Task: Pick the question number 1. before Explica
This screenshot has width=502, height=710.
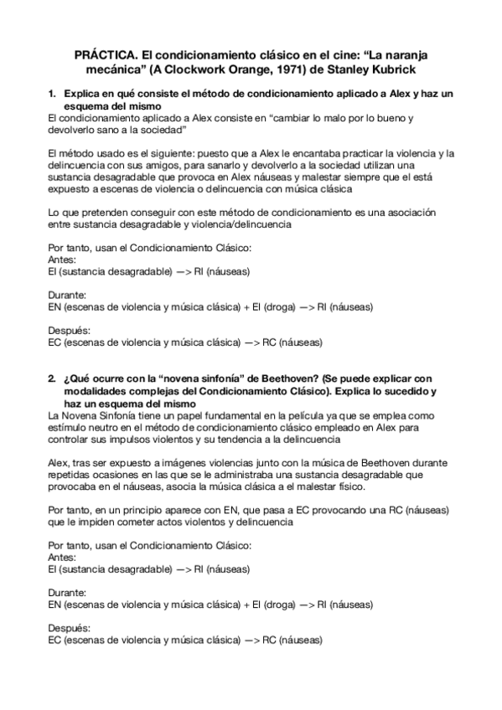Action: pos(52,95)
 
